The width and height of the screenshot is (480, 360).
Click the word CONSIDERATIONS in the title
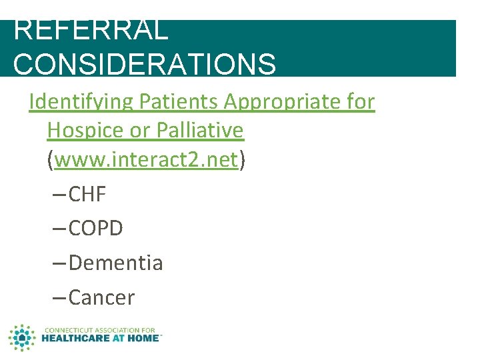144,64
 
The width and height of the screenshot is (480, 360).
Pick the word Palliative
199,131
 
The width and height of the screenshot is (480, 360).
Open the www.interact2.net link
146,160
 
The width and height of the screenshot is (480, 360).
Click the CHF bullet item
87,195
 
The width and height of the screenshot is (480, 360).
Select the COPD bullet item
96,229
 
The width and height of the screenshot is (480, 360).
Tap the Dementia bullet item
115,263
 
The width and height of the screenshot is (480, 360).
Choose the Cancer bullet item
101,297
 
